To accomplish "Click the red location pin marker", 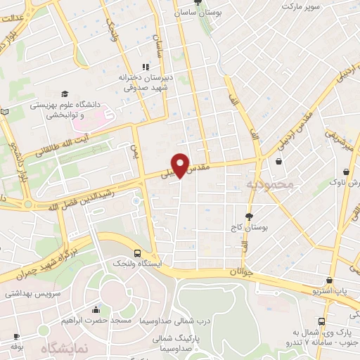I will (181, 165).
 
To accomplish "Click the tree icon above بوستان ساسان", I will (196, 2).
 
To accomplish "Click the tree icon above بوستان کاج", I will (248, 217).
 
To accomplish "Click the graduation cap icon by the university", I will (65, 94).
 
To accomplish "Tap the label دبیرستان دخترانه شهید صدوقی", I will (147, 83).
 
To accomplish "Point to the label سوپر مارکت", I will (301, 6).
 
